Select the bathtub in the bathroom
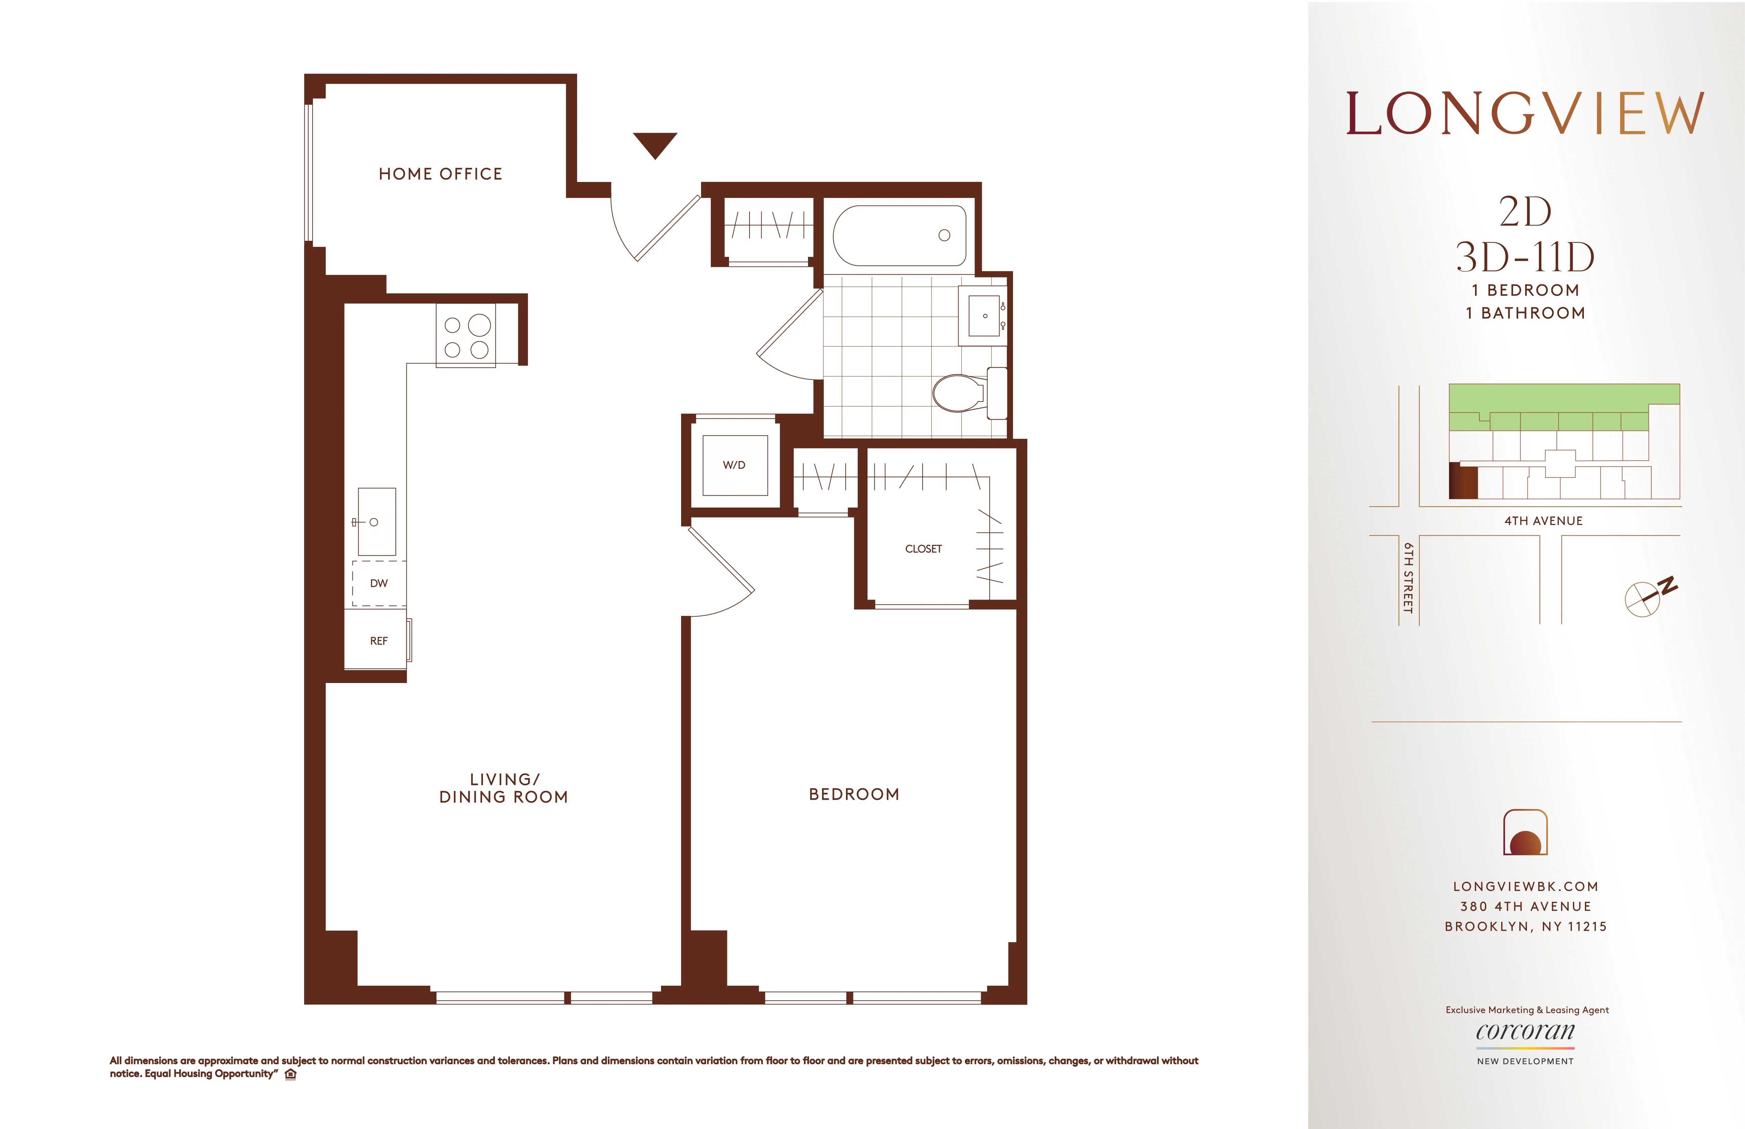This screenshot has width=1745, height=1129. pyautogui.click(x=900, y=235)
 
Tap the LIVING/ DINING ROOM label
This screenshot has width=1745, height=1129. pyautogui.click(x=504, y=788)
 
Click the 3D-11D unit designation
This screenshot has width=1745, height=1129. pyautogui.click(x=1525, y=257)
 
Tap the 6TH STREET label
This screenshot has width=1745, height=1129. pyautogui.click(x=1408, y=578)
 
